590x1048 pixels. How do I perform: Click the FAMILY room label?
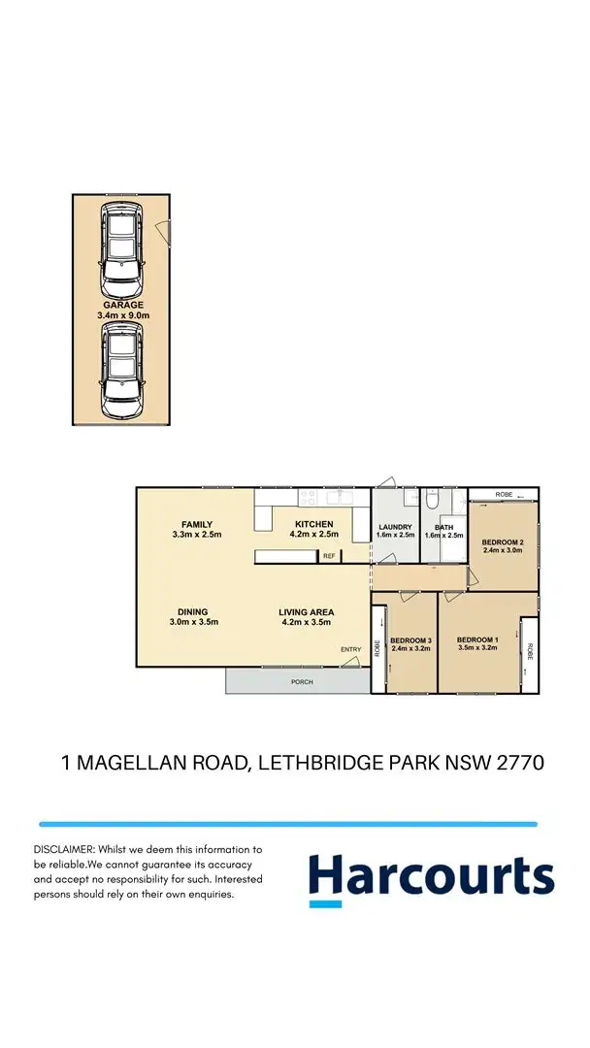(190, 525)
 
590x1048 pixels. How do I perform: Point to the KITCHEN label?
(313, 525)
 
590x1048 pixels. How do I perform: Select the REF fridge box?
(329, 556)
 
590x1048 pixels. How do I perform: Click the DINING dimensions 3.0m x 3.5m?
(193, 622)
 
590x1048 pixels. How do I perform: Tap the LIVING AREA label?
(306, 612)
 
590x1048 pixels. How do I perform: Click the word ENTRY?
(349, 649)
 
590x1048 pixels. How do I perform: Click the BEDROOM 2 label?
(504, 541)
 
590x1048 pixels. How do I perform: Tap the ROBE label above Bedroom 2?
(504, 495)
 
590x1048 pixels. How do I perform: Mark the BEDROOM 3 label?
(410, 640)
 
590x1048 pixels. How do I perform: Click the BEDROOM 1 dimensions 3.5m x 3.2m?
(476, 648)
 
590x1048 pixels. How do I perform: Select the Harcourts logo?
(431, 876)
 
